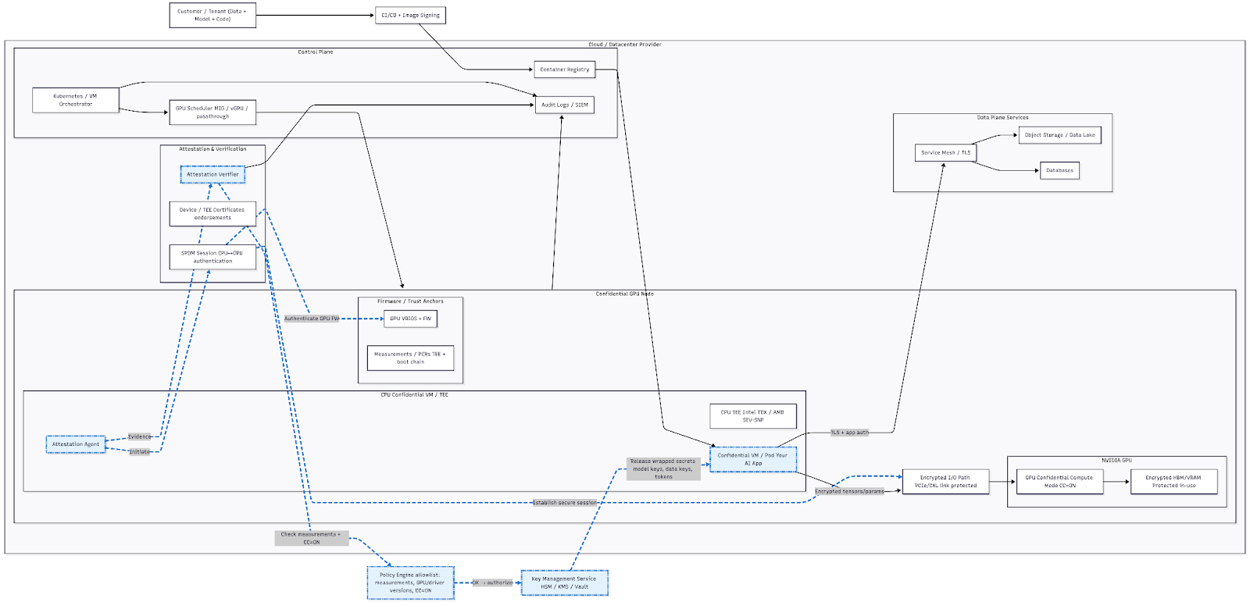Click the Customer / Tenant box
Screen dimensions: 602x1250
point(212,16)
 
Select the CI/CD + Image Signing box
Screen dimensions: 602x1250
point(410,16)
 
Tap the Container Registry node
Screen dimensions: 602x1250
point(564,69)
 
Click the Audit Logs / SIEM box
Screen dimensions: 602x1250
point(564,105)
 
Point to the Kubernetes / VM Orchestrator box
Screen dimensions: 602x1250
point(76,100)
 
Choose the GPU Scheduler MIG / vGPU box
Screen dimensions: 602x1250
point(212,112)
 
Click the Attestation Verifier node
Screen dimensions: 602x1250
point(212,174)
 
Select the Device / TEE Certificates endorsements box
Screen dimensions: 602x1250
point(212,214)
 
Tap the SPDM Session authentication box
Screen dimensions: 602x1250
point(212,257)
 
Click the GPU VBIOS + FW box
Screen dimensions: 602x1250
point(410,319)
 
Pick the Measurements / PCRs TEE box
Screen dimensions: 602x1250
point(410,358)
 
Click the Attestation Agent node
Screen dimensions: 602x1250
point(76,444)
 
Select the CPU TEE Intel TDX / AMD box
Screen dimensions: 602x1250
point(752,416)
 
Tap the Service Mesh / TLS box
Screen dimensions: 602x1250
point(945,153)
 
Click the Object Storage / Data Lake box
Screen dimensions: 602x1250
point(1059,135)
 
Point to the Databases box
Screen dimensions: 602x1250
point(1059,170)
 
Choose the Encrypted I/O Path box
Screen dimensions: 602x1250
point(945,482)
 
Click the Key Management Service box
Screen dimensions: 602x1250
point(564,582)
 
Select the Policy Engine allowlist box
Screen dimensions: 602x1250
point(410,582)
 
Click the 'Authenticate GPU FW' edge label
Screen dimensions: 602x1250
point(311,319)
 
